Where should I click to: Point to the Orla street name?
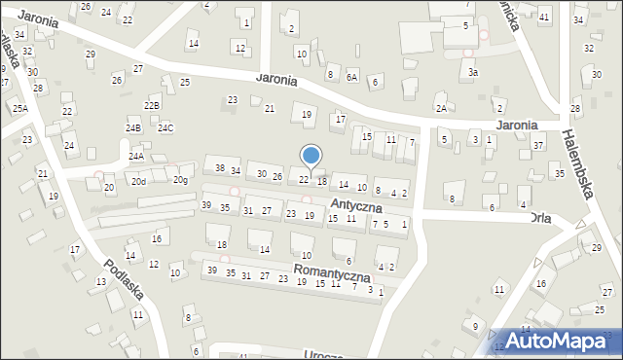pos(541,218)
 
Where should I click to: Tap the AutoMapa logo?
pos(557,342)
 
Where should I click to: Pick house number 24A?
pos(135,156)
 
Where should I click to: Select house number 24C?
pos(165,127)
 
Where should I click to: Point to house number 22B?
pos(152,105)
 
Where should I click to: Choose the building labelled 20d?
pos(140,181)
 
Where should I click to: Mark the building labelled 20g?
pos(180,180)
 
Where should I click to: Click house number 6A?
pos(352,76)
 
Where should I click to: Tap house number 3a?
pos(473,72)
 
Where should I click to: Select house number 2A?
pos(441,109)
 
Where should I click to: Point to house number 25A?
pos(19,109)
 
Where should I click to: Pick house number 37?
pos(538,145)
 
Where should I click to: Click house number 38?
pos(220,168)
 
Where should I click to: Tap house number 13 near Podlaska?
pos(101,282)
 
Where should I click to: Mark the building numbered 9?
pos(474,325)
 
